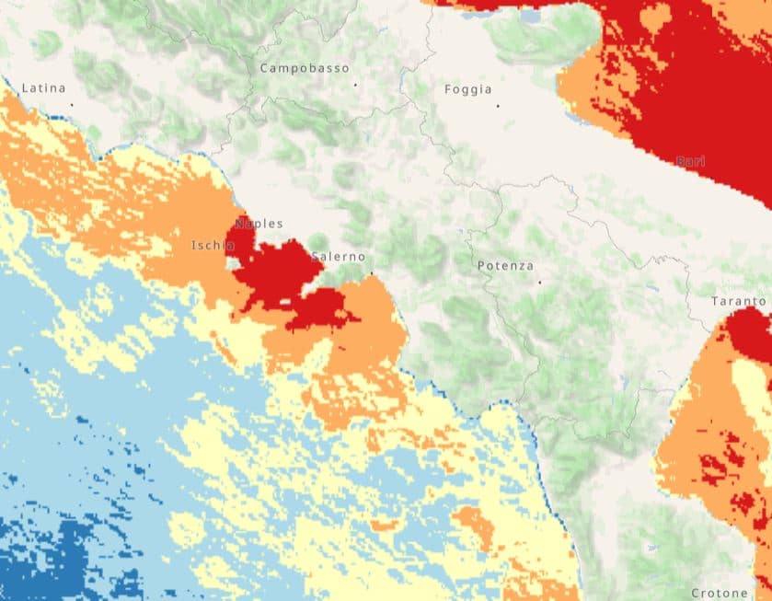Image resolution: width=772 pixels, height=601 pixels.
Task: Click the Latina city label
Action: pyautogui.click(x=43, y=88)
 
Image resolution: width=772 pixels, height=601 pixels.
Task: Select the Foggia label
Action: pyautogui.click(x=467, y=89)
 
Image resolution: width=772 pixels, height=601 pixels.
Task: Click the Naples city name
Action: pyautogui.click(x=259, y=224)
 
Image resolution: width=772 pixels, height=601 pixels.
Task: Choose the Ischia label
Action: pyautogui.click(x=213, y=245)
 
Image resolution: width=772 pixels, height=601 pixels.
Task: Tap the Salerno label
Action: pyautogui.click(x=339, y=257)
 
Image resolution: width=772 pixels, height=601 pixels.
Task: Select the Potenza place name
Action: pyautogui.click(x=505, y=266)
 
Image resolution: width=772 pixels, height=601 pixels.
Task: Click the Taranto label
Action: pyautogui.click(x=738, y=301)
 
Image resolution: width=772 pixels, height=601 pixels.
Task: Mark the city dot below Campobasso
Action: pyautogui.click(x=354, y=85)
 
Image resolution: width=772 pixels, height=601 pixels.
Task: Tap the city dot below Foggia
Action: pyautogui.click(x=498, y=106)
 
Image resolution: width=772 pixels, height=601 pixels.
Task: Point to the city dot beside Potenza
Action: pyautogui.click(x=539, y=281)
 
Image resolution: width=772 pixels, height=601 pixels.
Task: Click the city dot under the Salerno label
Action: pyautogui.click(x=371, y=273)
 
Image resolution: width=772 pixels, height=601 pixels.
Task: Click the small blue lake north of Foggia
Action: pyautogui.click(x=531, y=17)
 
